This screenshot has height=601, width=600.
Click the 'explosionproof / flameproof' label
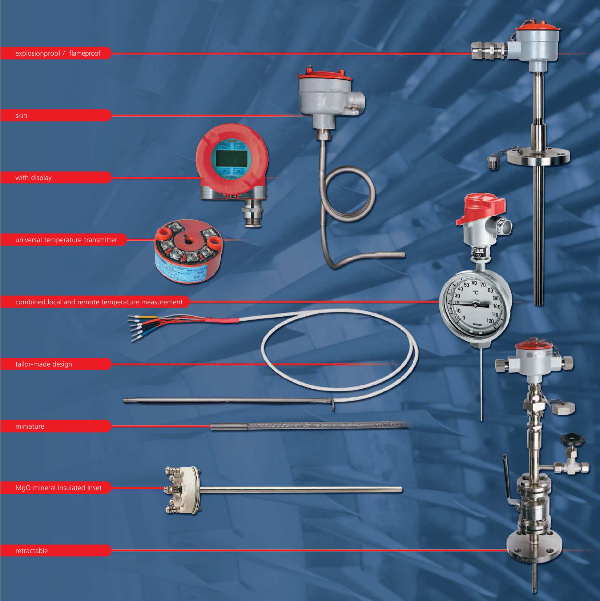tap(57, 53)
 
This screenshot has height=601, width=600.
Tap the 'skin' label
tap(21, 116)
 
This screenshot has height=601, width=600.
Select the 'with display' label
tap(33, 178)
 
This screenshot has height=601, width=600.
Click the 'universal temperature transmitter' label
tap(66, 240)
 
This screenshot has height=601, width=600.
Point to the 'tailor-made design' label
tap(44, 364)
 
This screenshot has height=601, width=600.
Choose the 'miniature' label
tap(30, 426)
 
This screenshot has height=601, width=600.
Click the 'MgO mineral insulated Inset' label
tap(59, 488)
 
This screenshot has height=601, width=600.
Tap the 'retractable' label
tap(32, 551)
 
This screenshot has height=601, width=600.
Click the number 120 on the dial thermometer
tap(490, 321)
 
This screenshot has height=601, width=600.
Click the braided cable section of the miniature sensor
tap(327, 425)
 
